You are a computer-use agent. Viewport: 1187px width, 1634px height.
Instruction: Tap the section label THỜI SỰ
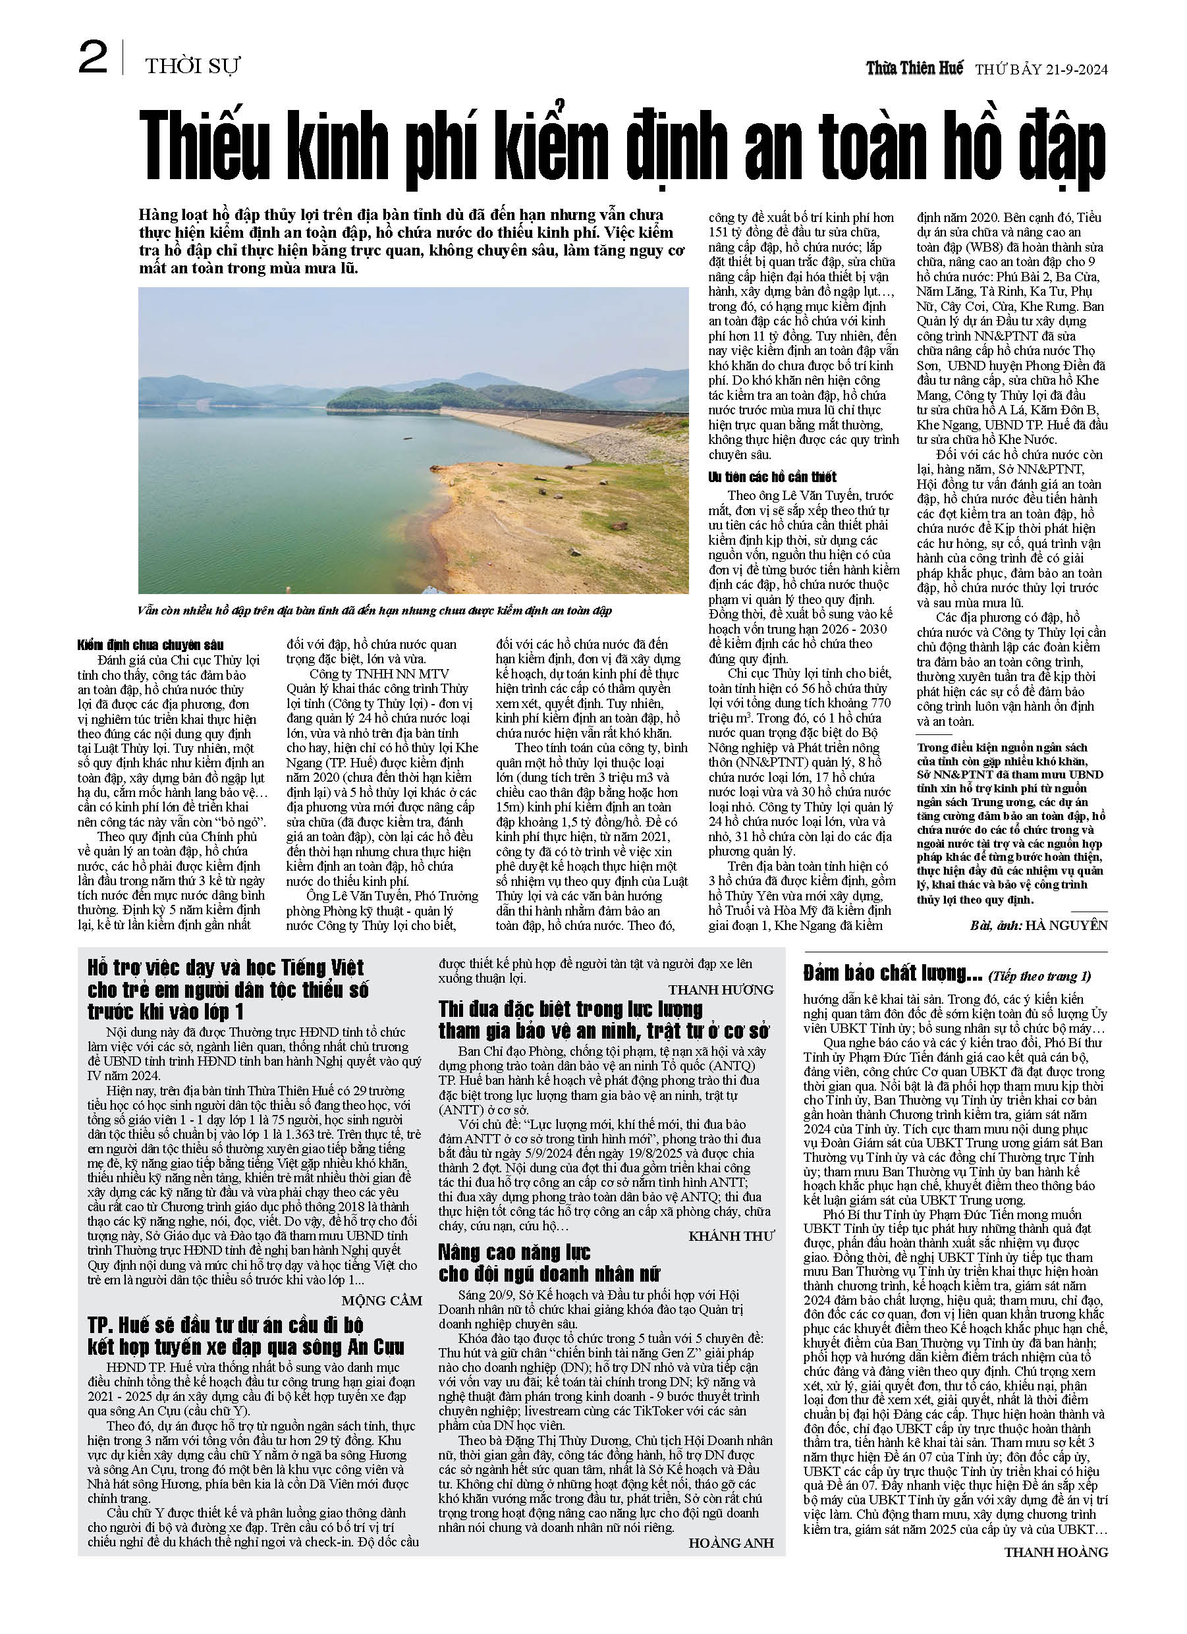(192, 67)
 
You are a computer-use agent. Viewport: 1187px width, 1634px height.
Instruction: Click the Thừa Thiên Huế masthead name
(914, 68)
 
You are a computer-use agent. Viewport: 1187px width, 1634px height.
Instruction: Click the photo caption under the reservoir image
(375, 611)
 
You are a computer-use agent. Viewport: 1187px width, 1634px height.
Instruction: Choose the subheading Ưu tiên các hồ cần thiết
(772, 477)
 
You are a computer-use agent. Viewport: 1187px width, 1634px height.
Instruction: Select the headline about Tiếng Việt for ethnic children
(228, 989)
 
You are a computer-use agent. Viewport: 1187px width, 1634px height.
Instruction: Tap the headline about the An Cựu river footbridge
(246, 1336)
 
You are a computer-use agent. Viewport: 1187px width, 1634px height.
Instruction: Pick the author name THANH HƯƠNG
(721, 990)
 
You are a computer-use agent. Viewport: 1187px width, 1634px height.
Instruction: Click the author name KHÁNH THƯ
(731, 1236)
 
